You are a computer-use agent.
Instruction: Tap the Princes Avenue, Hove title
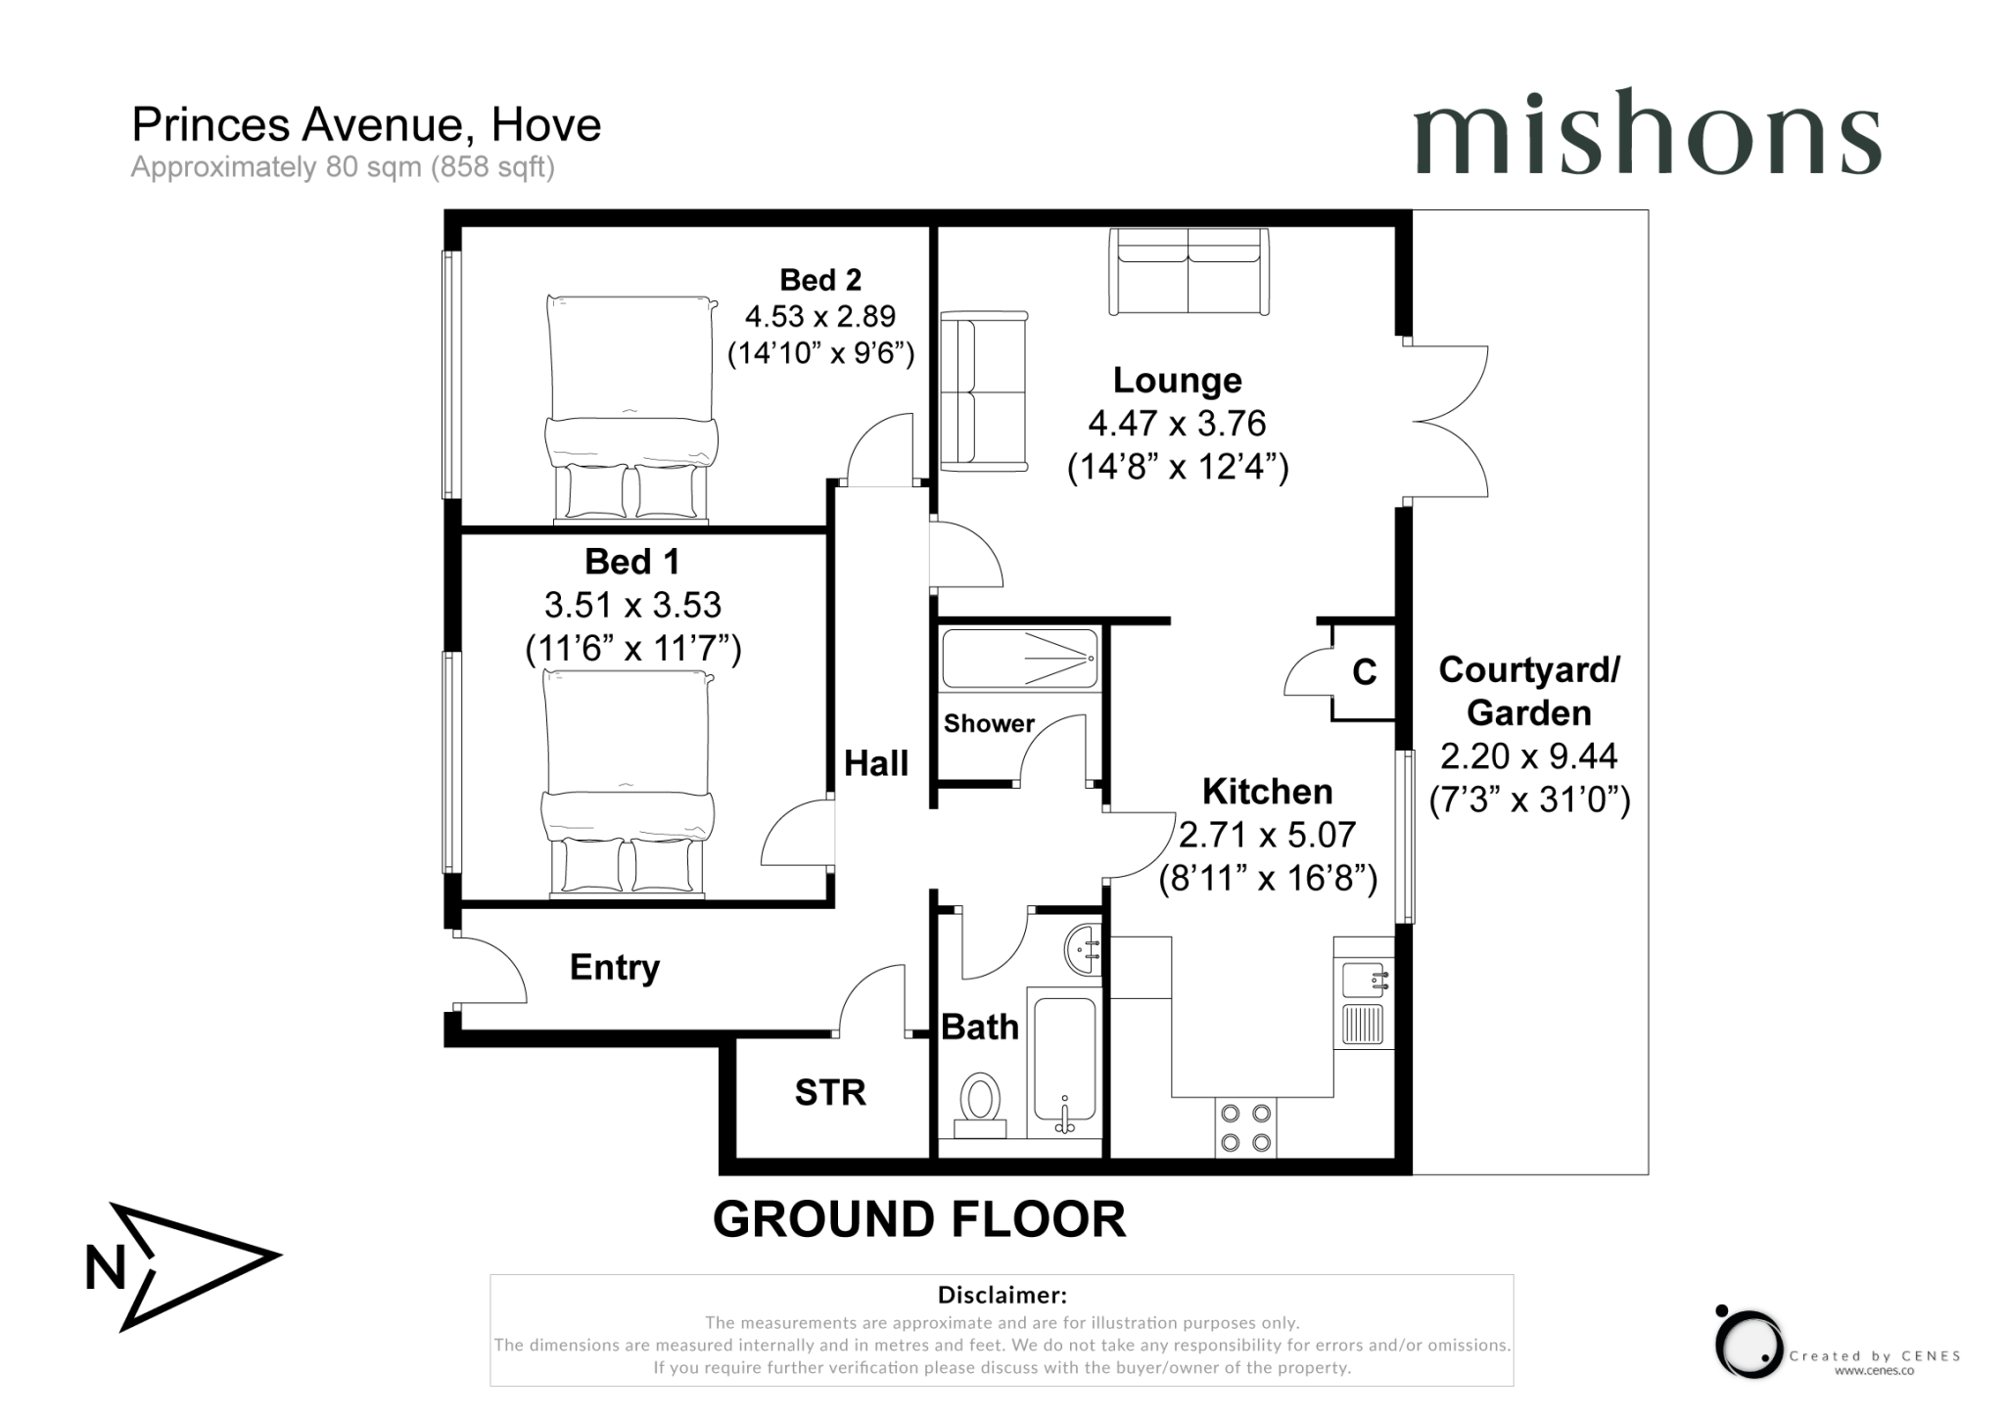(x=366, y=125)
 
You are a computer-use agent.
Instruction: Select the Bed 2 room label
(x=820, y=280)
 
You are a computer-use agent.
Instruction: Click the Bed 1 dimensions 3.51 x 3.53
(x=632, y=605)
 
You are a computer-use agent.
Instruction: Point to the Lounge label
(x=1177, y=380)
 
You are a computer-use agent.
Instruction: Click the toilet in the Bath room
(x=980, y=1102)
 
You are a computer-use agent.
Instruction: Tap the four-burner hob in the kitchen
(x=1246, y=1127)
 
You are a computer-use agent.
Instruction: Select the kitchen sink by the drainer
(x=1363, y=978)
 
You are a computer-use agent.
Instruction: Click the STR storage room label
(x=830, y=1092)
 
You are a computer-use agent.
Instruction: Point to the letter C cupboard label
(x=1365, y=671)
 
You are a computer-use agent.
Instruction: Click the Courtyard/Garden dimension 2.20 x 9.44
(x=1528, y=756)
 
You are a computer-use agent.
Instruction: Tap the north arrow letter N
(x=105, y=1268)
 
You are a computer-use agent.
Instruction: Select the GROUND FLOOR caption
(x=918, y=1219)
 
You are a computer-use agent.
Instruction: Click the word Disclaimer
(x=1002, y=1295)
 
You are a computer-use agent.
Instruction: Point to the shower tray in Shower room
(x=1019, y=659)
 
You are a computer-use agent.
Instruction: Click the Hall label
(x=876, y=763)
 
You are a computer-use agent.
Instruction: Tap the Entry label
(x=615, y=967)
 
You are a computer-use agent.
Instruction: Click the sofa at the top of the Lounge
(x=1189, y=271)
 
